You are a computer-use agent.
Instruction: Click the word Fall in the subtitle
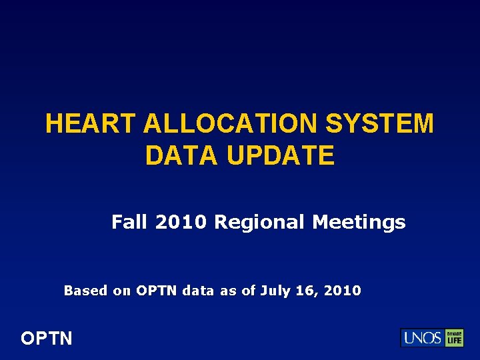pyautogui.click(x=130, y=222)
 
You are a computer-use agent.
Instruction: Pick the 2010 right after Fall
pyautogui.click(x=182, y=222)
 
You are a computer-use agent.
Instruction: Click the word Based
pyautogui.click(x=85, y=291)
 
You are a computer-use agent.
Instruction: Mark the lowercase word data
pyautogui.click(x=197, y=291)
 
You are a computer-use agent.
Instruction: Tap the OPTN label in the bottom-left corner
pyautogui.click(x=46, y=339)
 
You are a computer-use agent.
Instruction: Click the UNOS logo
pyautogui.click(x=421, y=338)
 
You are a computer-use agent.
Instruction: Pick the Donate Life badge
pyautogui.click(x=455, y=338)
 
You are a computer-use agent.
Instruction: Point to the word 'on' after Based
pyautogui.click(x=122, y=291)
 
